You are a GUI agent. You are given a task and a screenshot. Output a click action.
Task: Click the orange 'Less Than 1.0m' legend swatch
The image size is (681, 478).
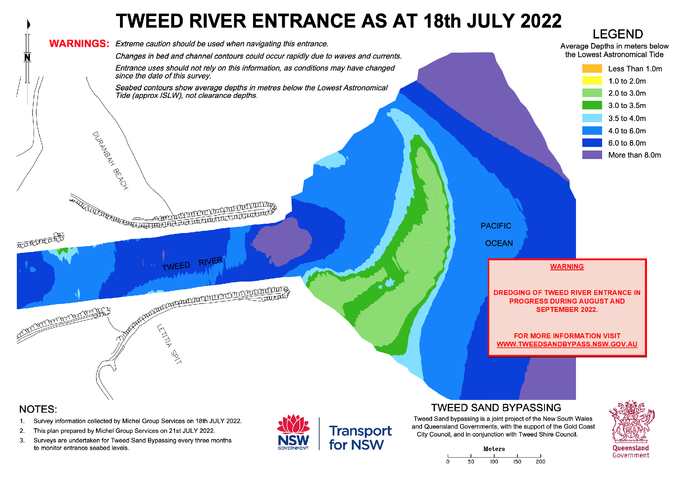pos(592,69)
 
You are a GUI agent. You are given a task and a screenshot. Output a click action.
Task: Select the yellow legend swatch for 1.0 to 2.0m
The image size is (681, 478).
pos(592,81)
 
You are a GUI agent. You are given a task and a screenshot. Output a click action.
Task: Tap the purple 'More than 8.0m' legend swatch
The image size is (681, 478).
pos(592,155)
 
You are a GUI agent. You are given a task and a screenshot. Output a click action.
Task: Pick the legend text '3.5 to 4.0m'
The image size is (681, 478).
pos(627,118)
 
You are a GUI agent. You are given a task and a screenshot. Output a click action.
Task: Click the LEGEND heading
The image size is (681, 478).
pos(617,34)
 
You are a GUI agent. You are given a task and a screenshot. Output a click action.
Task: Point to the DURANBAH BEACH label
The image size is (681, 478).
pos(110,161)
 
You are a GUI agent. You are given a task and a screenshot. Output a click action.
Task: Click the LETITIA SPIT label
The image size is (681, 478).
pos(169,344)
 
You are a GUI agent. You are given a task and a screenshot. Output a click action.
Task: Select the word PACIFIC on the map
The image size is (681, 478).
pos(496,226)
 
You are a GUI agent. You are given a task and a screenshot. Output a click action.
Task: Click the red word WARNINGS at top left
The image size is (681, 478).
pos(79,44)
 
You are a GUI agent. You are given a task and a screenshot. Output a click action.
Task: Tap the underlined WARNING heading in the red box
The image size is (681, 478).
pos(567,267)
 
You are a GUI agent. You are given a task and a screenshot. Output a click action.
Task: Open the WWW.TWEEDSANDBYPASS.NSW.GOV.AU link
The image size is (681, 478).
pos(567,344)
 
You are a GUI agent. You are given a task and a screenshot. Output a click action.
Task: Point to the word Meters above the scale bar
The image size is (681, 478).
pos(494,449)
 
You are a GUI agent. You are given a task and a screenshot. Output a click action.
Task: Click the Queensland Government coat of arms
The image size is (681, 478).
pos(631,422)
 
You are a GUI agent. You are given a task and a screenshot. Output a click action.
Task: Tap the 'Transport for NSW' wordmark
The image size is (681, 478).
pos(360,438)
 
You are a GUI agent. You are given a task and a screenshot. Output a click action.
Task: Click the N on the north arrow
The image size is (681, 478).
pos(27,58)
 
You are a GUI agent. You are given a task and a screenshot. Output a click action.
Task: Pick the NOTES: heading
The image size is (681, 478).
pos(38,409)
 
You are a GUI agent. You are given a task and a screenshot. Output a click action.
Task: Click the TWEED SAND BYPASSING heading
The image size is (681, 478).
pos(496,408)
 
